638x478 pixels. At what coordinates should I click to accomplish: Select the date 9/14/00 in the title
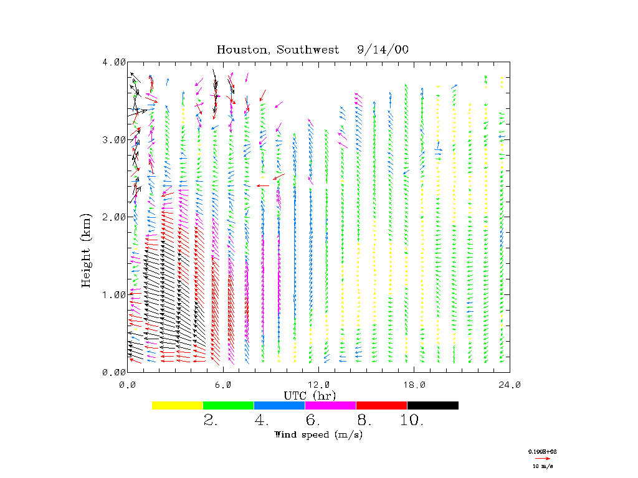click(x=383, y=50)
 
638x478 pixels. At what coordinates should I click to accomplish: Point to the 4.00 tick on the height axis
click(x=114, y=62)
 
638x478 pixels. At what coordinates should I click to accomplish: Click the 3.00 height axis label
click(x=114, y=139)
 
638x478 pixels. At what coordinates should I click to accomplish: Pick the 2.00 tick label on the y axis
click(x=114, y=217)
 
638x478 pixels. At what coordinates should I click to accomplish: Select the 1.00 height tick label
click(x=114, y=294)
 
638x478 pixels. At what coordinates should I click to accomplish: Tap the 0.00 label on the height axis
click(x=114, y=372)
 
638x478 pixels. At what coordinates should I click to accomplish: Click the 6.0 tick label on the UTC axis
click(x=223, y=385)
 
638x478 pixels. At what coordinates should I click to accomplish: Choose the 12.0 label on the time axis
click(x=318, y=385)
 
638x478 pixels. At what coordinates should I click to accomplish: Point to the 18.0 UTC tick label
click(x=414, y=385)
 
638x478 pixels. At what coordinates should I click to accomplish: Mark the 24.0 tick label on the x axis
click(x=510, y=385)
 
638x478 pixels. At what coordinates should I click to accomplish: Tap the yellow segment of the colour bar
click(x=178, y=405)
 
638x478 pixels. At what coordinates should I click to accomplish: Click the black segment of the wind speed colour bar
click(x=433, y=405)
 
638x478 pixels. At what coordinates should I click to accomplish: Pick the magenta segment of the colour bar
click(x=331, y=405)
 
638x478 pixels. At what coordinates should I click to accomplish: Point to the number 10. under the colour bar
click(x=412, y=421)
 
